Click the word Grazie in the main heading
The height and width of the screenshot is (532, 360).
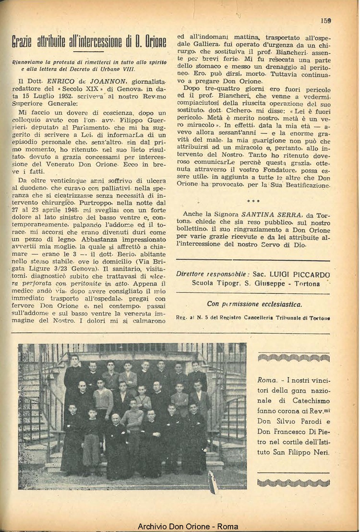click(26, 42)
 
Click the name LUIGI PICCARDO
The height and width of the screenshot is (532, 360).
click(300, 275)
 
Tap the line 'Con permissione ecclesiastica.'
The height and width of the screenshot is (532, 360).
click(254, 304)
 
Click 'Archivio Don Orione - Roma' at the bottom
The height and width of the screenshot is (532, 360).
click(188, 527)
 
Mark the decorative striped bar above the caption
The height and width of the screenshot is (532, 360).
click(293, 357)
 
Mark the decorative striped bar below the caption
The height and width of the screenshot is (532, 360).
click(293, 482)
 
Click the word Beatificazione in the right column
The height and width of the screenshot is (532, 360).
click(305, 184)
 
